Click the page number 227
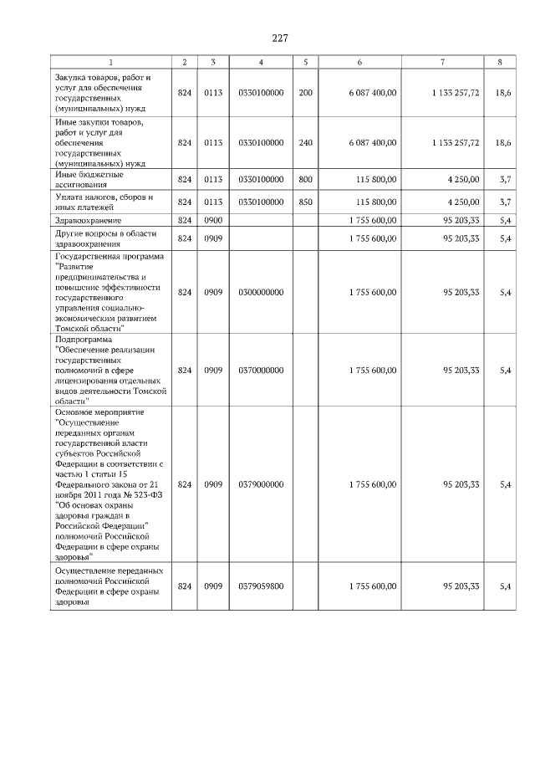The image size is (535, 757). (x=279, y=38)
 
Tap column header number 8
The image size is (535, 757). (x=499, y=63)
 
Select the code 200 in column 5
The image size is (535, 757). (x=305, y=94)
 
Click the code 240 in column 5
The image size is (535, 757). (x=305, y=143)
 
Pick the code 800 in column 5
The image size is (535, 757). (x=305, y=180)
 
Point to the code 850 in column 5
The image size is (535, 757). (x=305, y=202)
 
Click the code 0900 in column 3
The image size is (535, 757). (x=213, y=220)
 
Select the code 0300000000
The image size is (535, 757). (x=261, y=292)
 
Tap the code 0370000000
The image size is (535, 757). (x=261, y=370)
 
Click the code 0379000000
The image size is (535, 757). (x=261, y=484)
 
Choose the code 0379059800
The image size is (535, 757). (x=261, y=586)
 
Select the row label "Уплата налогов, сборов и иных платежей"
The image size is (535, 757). (x=104, y=202)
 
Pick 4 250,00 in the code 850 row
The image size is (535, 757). (x=462, y=202)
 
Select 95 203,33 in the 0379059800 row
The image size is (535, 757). (x=461, y=586)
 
